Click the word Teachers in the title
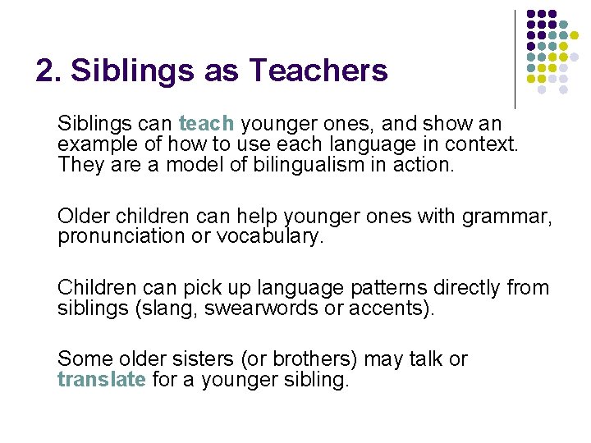pyautogui.click(x=319, y=71)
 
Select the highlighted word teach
pyautogui.click(x=207, y=124)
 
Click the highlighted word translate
pyautogui.click(x=102, y=380)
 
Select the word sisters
pyautogui.click(x=195, y=359)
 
